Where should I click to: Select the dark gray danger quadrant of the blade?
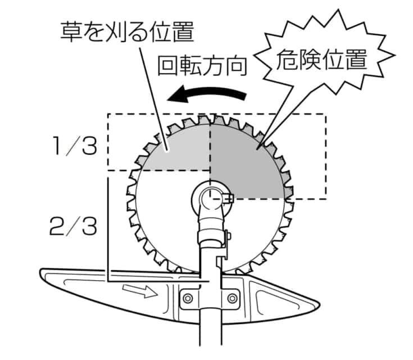point(247,160)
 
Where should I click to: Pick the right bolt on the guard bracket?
point(231,296)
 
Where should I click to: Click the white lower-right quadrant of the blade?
point(256,225)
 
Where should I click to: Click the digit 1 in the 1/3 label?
point(58,147)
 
